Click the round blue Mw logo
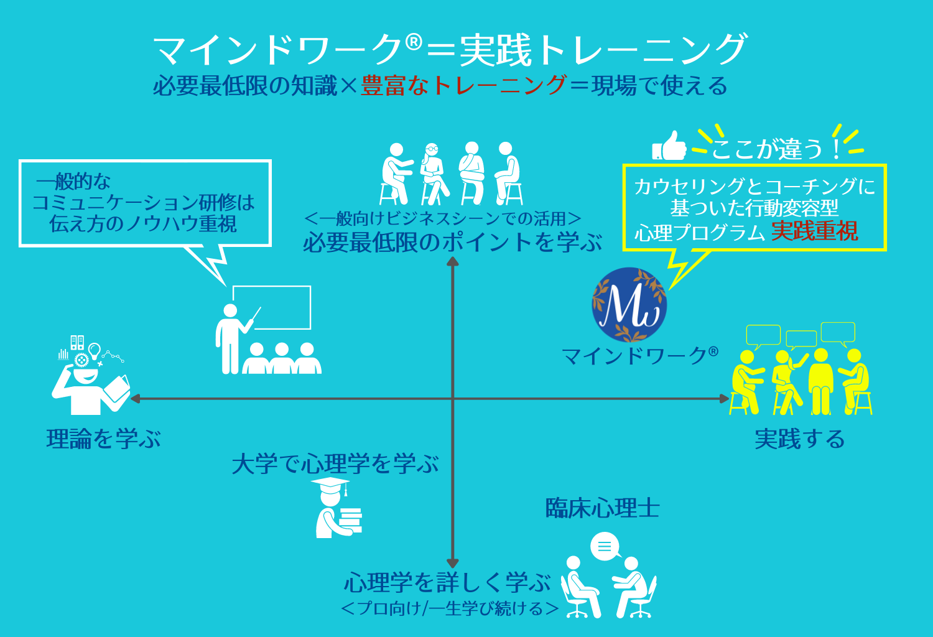click(x=629, y=305)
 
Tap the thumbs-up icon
click(x=670, y=146)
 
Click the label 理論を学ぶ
click(x=103, y=439)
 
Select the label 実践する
click(x=799, y=439)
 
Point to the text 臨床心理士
click(x=602, y=508)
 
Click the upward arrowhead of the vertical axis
click(x=453, y=262)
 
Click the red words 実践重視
click(x=814, y=231)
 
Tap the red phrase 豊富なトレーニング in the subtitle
click(x=463, y=86)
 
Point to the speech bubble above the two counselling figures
click(x=605, y=547)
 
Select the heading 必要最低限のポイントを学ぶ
click(x=452, y=243)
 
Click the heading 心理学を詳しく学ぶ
click(x=447, y=583)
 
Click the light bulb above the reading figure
click(x=95, y=350)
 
